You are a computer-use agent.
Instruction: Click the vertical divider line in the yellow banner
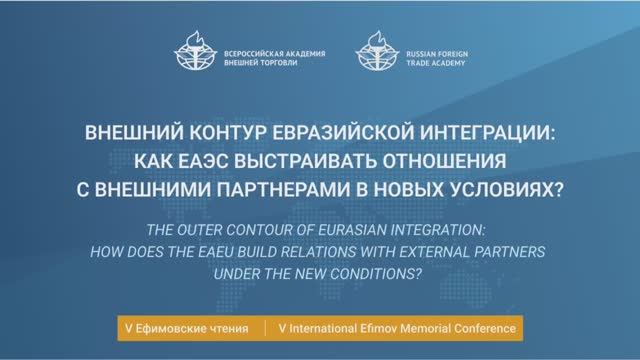pyautogui.click(x=266, y=327)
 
